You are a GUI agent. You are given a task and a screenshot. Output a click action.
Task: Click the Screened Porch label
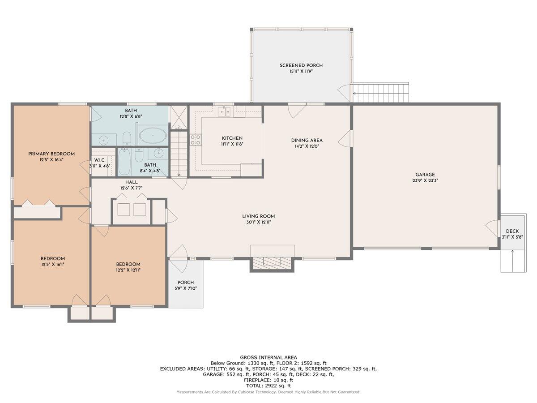pyautogui.click(x=301, y=65)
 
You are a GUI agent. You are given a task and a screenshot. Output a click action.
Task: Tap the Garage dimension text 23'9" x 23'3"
pyautogui.click(x=425, y=181)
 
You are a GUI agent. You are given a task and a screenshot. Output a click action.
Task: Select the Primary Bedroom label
pyautogui.click(x=51, y=154)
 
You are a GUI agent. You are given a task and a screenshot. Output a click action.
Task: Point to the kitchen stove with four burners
pyautogui.click(x=196, y=140)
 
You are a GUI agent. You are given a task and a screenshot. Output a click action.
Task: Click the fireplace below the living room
pyautogui.click(x=272, y=262)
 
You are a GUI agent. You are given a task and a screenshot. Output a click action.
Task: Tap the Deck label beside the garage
pyautogui.click(x=512, y=231)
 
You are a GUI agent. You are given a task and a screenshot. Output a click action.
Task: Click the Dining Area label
pyautogui.click(x=307, y=140)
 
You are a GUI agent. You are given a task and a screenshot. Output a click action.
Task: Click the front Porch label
pyautogui.click(x=185, y=282)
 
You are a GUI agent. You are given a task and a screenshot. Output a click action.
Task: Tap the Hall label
pyautogui.click(x=132, y=182)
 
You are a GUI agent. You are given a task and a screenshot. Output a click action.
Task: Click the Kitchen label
pyautogui.click(x=232, y=138)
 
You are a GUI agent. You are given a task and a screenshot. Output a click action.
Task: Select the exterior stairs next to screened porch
pyautogui.click(x=381, y=93)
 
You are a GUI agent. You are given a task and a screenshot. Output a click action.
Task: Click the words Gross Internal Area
pyautogui.click(x=268, y=357)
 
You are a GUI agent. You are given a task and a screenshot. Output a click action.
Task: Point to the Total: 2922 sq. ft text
pyautogui.click(x=268, y=386)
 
